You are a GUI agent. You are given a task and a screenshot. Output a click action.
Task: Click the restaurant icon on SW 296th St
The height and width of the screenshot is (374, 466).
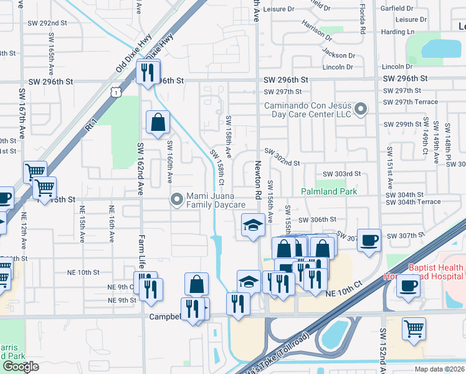148,72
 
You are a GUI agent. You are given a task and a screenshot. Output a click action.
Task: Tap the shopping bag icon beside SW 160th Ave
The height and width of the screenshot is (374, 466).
158,123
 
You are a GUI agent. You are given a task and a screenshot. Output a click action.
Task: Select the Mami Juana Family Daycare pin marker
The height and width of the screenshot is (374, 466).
177,199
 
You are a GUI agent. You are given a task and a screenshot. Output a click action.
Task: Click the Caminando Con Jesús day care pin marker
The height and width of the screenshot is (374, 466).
360,110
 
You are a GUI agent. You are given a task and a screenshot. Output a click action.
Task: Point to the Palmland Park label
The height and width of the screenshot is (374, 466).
330,191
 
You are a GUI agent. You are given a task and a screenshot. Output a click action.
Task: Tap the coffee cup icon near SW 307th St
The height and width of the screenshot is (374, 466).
369,241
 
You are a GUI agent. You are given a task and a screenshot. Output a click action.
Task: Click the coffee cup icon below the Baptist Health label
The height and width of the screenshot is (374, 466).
408,285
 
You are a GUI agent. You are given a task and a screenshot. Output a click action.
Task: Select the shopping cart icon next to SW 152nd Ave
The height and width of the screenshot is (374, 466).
414,329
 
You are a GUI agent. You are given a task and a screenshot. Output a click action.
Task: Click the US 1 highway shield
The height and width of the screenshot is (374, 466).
115,92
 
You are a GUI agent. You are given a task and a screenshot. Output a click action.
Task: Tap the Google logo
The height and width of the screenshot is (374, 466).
21,367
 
